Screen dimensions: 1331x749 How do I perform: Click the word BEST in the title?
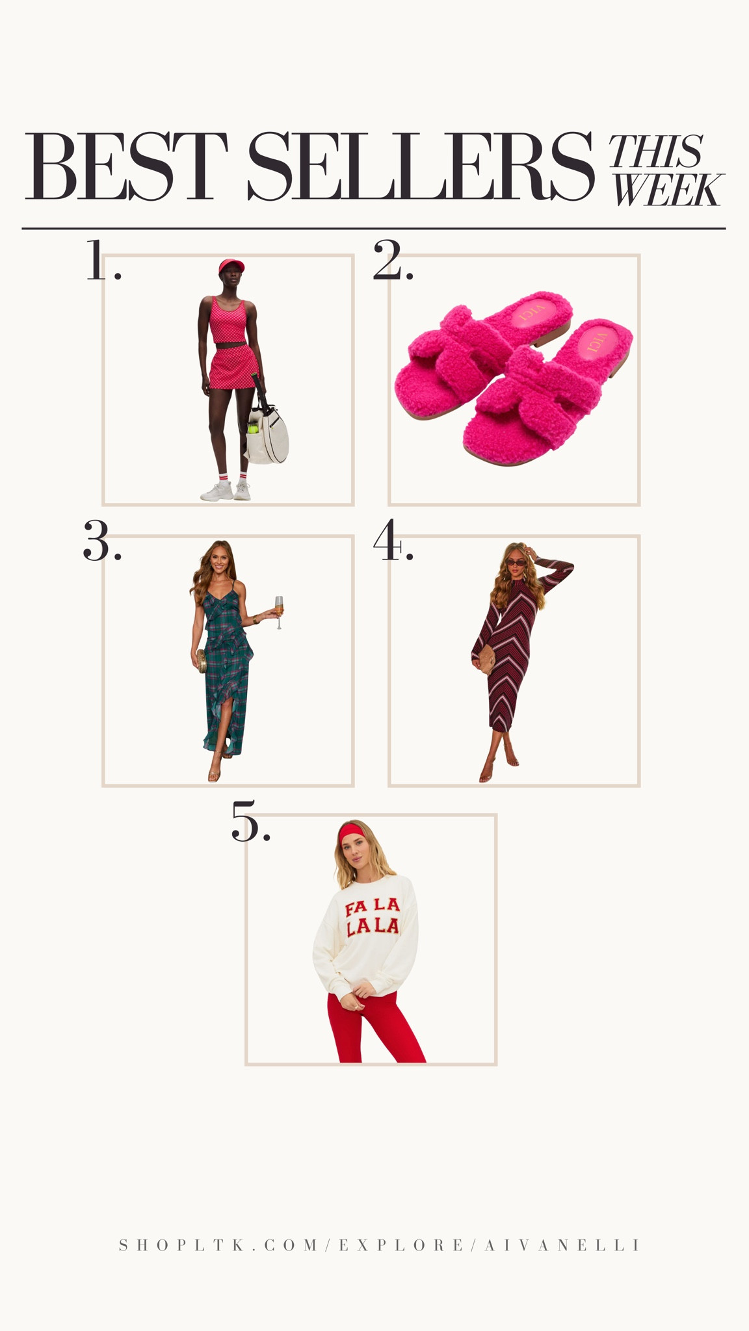(127, 167)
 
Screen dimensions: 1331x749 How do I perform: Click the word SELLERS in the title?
(421, 167)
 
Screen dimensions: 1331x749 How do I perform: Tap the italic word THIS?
(655, 151)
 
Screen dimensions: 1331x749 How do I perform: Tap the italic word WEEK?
(666, 190)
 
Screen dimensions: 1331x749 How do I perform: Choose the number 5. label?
(250, 821)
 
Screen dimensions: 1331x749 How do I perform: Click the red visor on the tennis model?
(231, 265)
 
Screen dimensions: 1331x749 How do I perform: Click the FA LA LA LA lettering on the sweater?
(372, 916)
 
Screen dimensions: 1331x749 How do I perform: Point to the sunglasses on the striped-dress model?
(514, 562)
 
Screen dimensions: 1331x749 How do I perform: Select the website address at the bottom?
(380, 1245)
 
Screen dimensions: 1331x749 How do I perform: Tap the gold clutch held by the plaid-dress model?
(202, 662)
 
